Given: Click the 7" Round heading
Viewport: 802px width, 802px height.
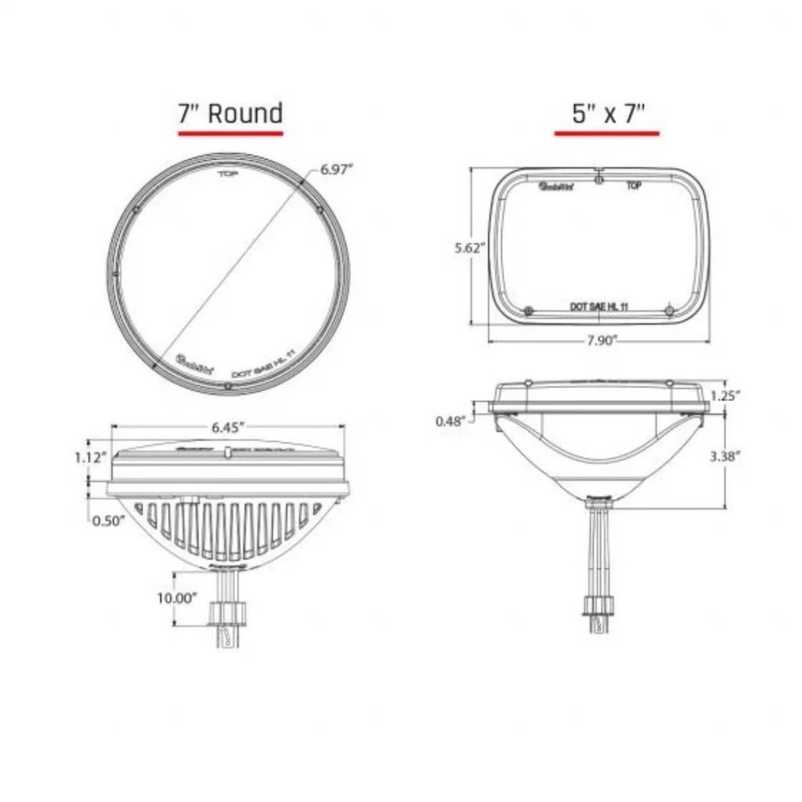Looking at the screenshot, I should (231, 113).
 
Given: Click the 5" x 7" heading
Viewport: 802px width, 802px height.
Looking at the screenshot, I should (607, 113).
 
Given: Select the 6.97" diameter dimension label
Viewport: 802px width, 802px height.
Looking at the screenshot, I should (337, 169).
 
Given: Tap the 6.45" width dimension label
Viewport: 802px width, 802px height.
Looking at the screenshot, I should (228, 427).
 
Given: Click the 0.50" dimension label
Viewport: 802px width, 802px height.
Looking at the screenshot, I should (109, 520).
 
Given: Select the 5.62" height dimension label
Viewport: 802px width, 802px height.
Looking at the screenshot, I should (470, 247).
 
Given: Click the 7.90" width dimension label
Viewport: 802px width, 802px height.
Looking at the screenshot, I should (600, 341).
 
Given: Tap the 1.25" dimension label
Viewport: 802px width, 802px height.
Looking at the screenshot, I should (725, 396).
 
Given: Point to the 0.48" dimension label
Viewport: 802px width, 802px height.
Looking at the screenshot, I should (452, 421).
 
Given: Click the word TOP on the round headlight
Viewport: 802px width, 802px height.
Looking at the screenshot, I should (227, 174).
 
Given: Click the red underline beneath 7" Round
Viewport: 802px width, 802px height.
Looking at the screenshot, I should (231, 132).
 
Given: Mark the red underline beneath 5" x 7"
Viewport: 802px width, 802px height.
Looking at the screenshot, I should (607, 132).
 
